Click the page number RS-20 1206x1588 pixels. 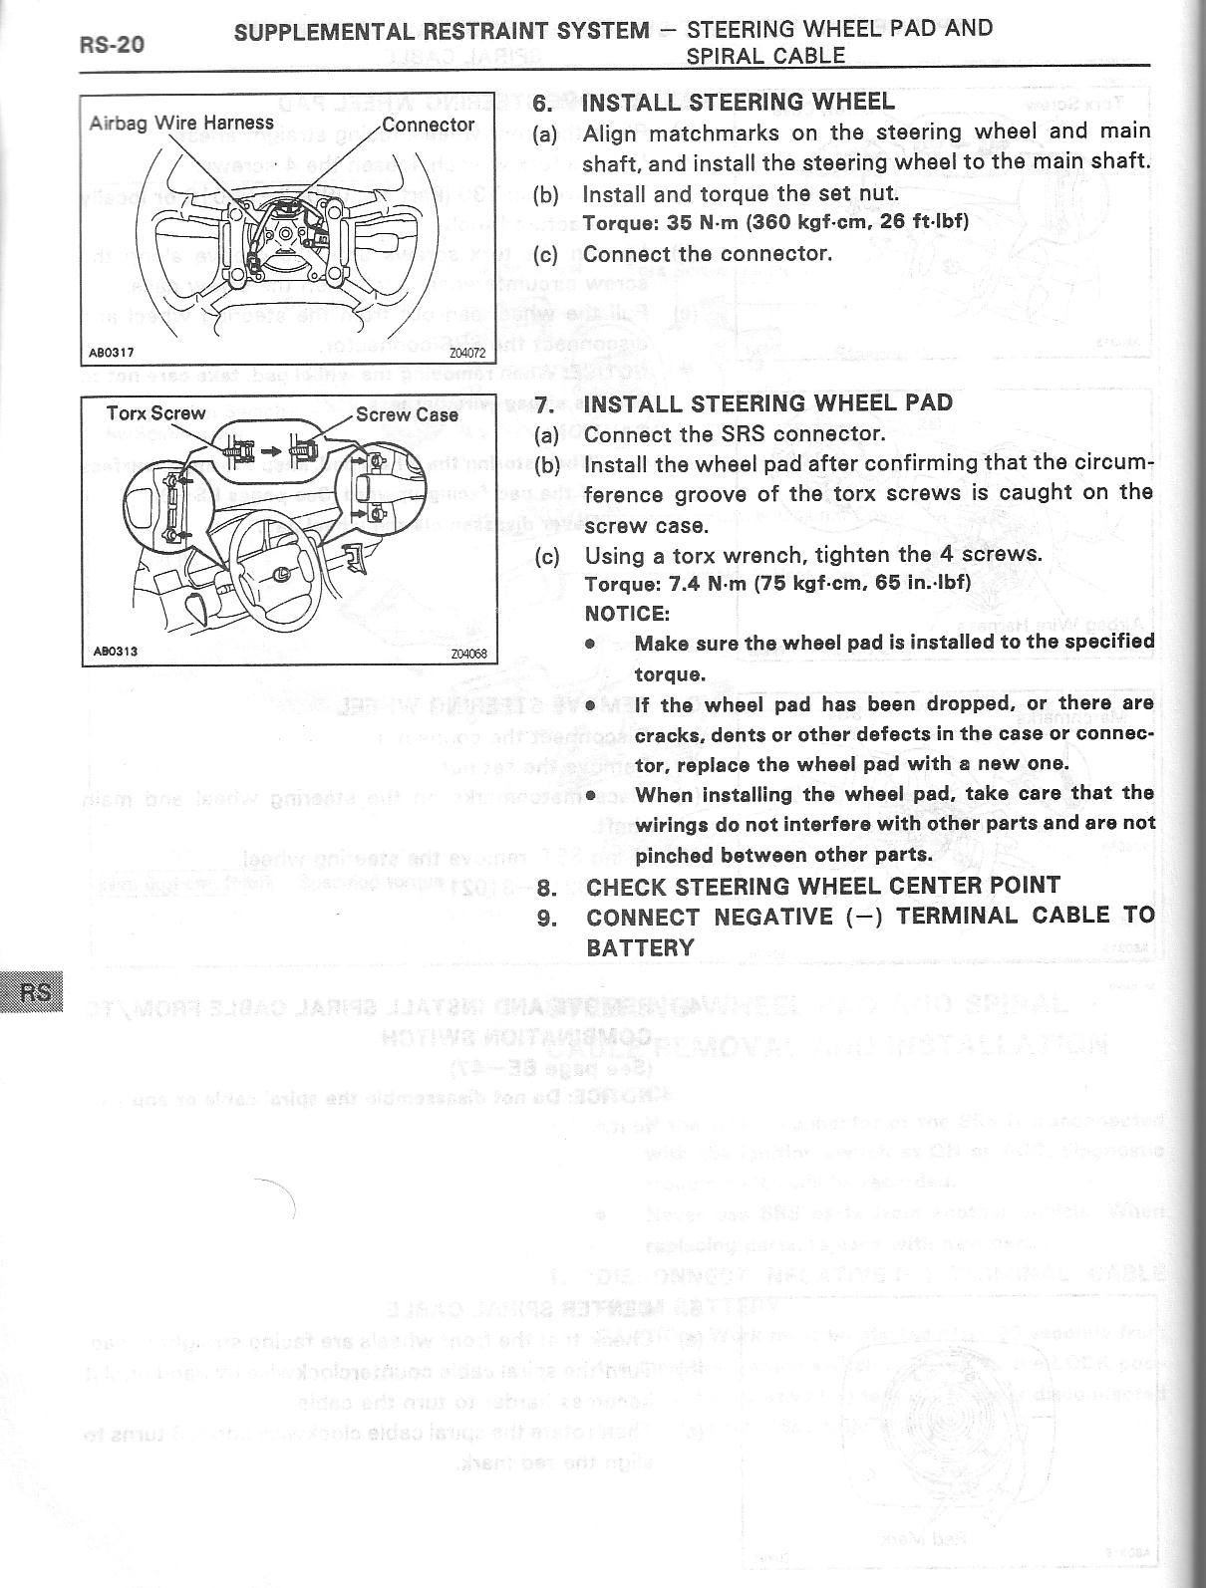(x=111, y=46)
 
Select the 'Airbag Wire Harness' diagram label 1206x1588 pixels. (x=181, y=123)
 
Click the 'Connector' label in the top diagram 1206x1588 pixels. (x=429, y=125)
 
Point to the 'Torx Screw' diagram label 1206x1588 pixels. (x=155, y=412)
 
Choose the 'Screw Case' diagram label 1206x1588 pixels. (x=407, y=414)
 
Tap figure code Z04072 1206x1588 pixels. (x=465, y=353)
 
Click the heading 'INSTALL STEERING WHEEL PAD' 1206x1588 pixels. (x=768, y=403)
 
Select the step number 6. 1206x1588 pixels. (x=542, y=103)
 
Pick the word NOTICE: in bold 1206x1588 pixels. (x=627, y=614)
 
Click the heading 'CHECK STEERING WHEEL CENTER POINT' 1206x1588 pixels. (x=823, y=886)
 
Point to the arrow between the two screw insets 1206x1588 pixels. (x=269, y=449)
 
